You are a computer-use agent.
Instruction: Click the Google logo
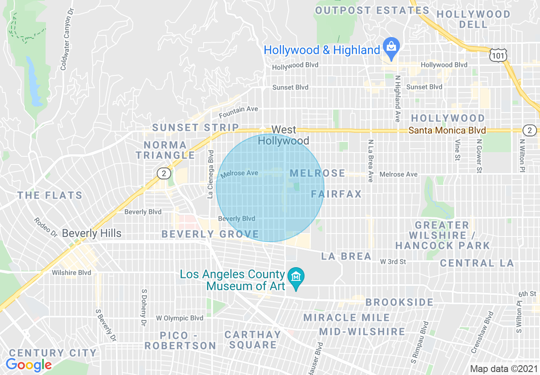[29, 365]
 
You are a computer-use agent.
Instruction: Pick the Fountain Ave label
[238, 110]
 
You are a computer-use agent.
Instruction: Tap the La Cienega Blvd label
[210, 174]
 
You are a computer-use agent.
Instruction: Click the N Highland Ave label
[398, 99]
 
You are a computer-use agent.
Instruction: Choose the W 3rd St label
[393, 261]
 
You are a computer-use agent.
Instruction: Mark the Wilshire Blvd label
[71, 273]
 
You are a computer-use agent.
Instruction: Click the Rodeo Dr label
[46, 228]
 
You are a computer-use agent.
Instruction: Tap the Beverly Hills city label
[92, 234]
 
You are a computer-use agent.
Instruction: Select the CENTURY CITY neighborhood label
[53, 353]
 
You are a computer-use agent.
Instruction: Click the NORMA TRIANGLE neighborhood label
[166, 150]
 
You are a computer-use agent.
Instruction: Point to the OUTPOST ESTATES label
[373, 10]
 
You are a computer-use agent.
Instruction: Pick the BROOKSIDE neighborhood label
[399, 302]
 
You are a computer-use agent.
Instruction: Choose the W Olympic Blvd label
[179, 318]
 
